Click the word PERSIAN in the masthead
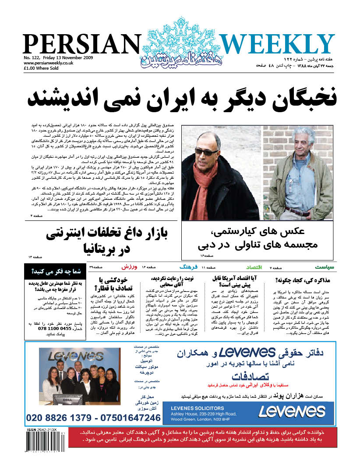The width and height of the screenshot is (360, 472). click(80, 45)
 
